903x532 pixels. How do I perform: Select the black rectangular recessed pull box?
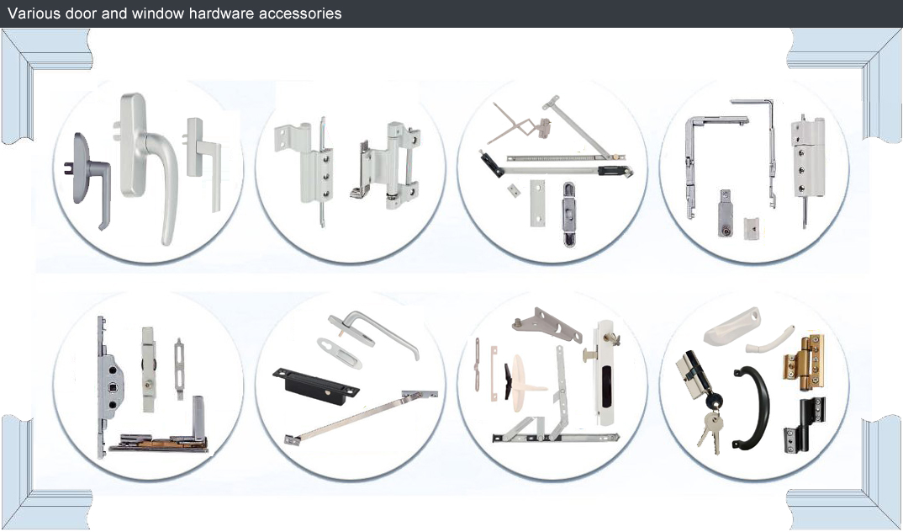click(315, 386)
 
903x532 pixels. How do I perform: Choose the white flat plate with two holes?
click(537, 202)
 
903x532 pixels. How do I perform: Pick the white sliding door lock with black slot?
click(605, 372)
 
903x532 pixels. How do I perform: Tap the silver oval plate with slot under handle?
click(339, 353)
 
